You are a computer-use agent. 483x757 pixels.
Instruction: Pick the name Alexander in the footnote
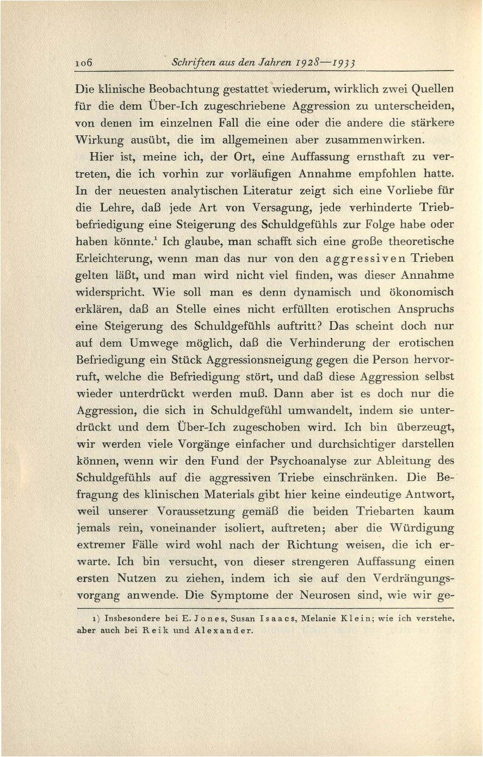point(217,631)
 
